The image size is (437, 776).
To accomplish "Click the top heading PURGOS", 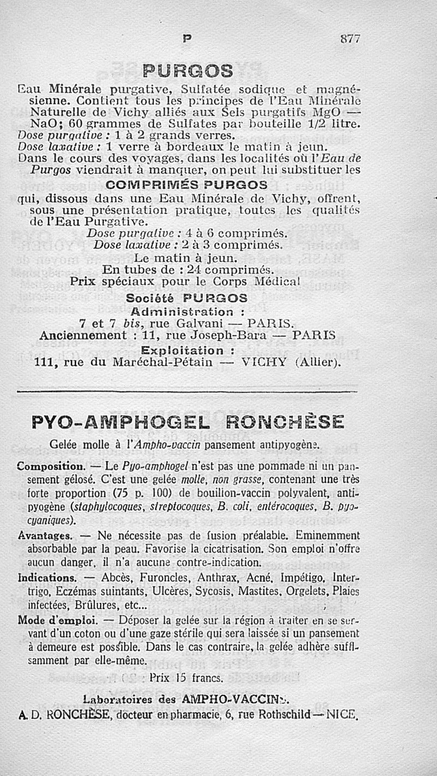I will [188, 70].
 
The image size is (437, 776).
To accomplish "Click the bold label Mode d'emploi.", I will [57, 621].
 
